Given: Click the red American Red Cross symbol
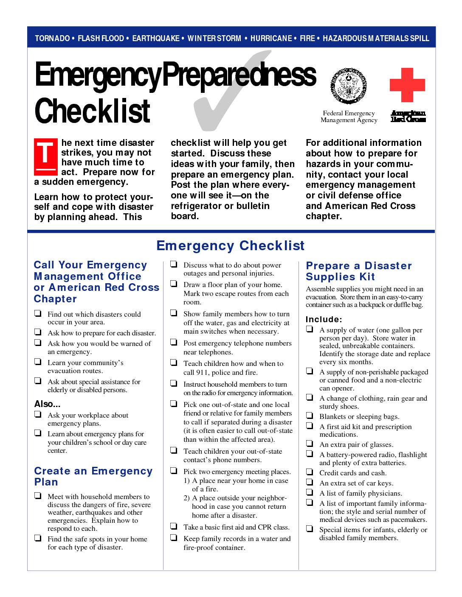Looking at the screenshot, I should pyautogui.click(x=407, y=85).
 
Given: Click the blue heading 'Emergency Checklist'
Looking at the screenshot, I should pyautogui.click(x=231, y=245).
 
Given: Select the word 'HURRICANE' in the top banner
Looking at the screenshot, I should pyautogui.click(x=271, y=38).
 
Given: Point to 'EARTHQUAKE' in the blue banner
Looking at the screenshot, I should pyautogui.click(x=156, y=38).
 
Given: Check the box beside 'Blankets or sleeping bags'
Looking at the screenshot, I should pyautogui.click(x=310, y=416).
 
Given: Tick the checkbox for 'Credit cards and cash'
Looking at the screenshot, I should pyautogui.click(x=310, y=472).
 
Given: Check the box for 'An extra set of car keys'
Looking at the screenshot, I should pyautogui.click(x=310, y=482).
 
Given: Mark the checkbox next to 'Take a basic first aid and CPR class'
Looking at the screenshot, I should pyautogui.click(x=174, y=526).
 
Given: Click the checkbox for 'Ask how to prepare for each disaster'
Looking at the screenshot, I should pyautogui.click(x=38, y=332).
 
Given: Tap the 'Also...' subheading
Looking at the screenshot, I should pyautogui.click(x=47, y=404).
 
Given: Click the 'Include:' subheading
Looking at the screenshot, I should pyautogui.click(x=324, y=319).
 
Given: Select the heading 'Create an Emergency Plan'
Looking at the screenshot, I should pyautogui.click(x=93, y=476).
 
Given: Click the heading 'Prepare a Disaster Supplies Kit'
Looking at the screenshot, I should pyautogui.click(x=359, y=271).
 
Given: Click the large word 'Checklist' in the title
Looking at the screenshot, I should pyautogui.click(x=93, y=111).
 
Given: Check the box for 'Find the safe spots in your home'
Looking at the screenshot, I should pyautogui.click(x=38, y=538).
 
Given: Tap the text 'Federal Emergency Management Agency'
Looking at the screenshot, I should pyautogui.click(x=349, y=117).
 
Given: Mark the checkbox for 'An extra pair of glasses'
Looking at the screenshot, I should pyautogui.click(x=310, y=444).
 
